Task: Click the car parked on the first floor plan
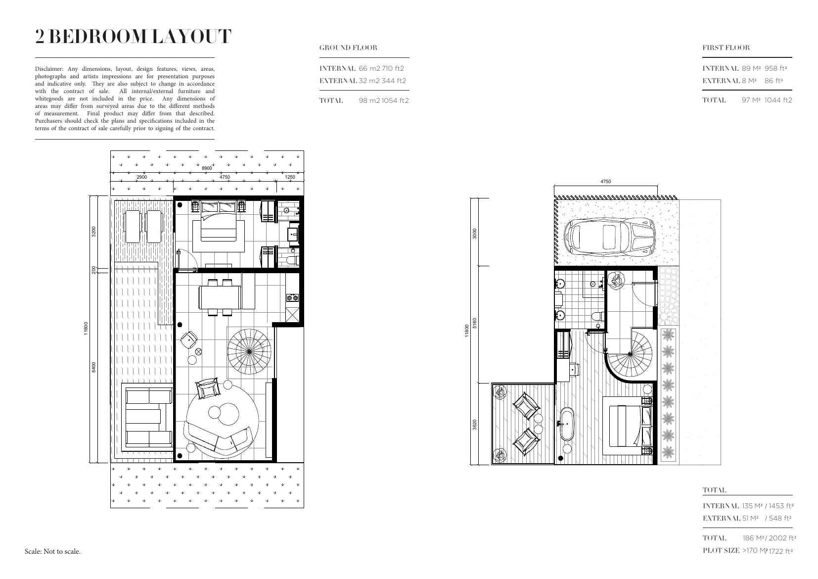609,236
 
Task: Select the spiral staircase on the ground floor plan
249,351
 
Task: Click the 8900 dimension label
207,168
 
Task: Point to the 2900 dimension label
141,177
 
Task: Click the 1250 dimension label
290,177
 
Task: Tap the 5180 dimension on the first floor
475,323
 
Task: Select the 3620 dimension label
475,425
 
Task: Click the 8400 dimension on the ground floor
94,367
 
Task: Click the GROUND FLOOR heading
348,48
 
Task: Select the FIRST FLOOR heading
726,48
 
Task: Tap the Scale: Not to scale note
52,551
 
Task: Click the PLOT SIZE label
721,550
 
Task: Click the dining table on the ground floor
220,297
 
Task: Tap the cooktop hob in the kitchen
292,298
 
